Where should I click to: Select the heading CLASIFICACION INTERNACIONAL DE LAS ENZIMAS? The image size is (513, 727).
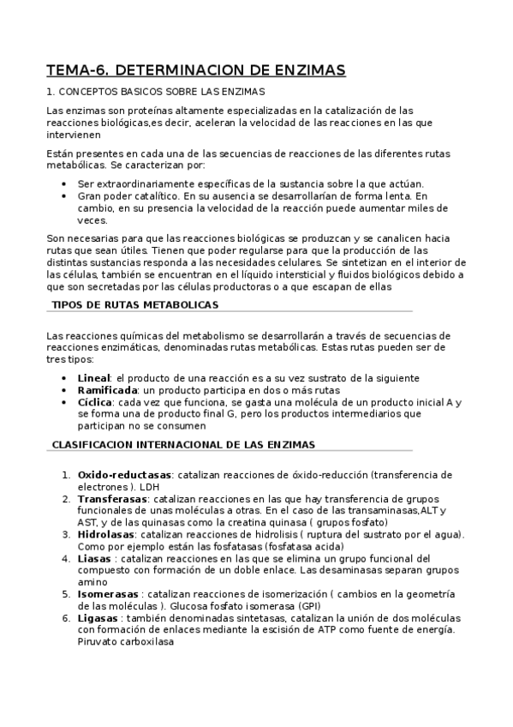click(184, 445)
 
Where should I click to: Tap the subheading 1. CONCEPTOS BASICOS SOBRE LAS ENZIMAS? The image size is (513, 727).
click(156, 92)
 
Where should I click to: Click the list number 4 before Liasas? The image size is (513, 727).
click(66, 558)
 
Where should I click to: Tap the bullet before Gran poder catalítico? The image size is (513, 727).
click(67, 196)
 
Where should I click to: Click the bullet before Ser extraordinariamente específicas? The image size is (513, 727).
click(67, 184)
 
